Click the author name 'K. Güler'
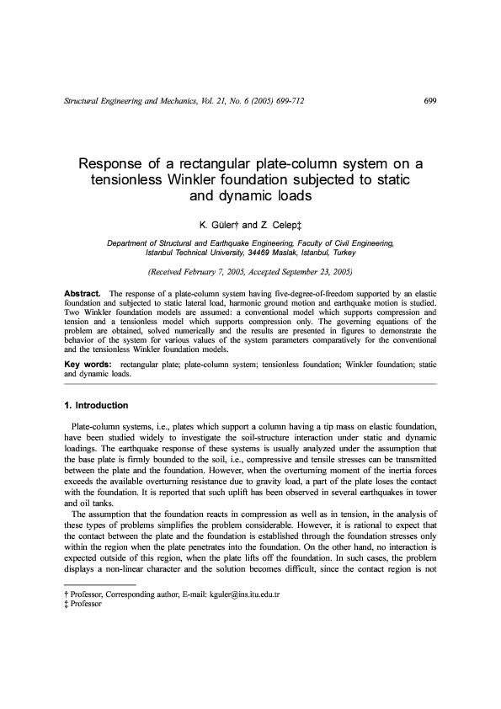tap(219, 226)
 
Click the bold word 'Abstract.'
tap(83, 292)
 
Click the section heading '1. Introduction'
tap(96, 406)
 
